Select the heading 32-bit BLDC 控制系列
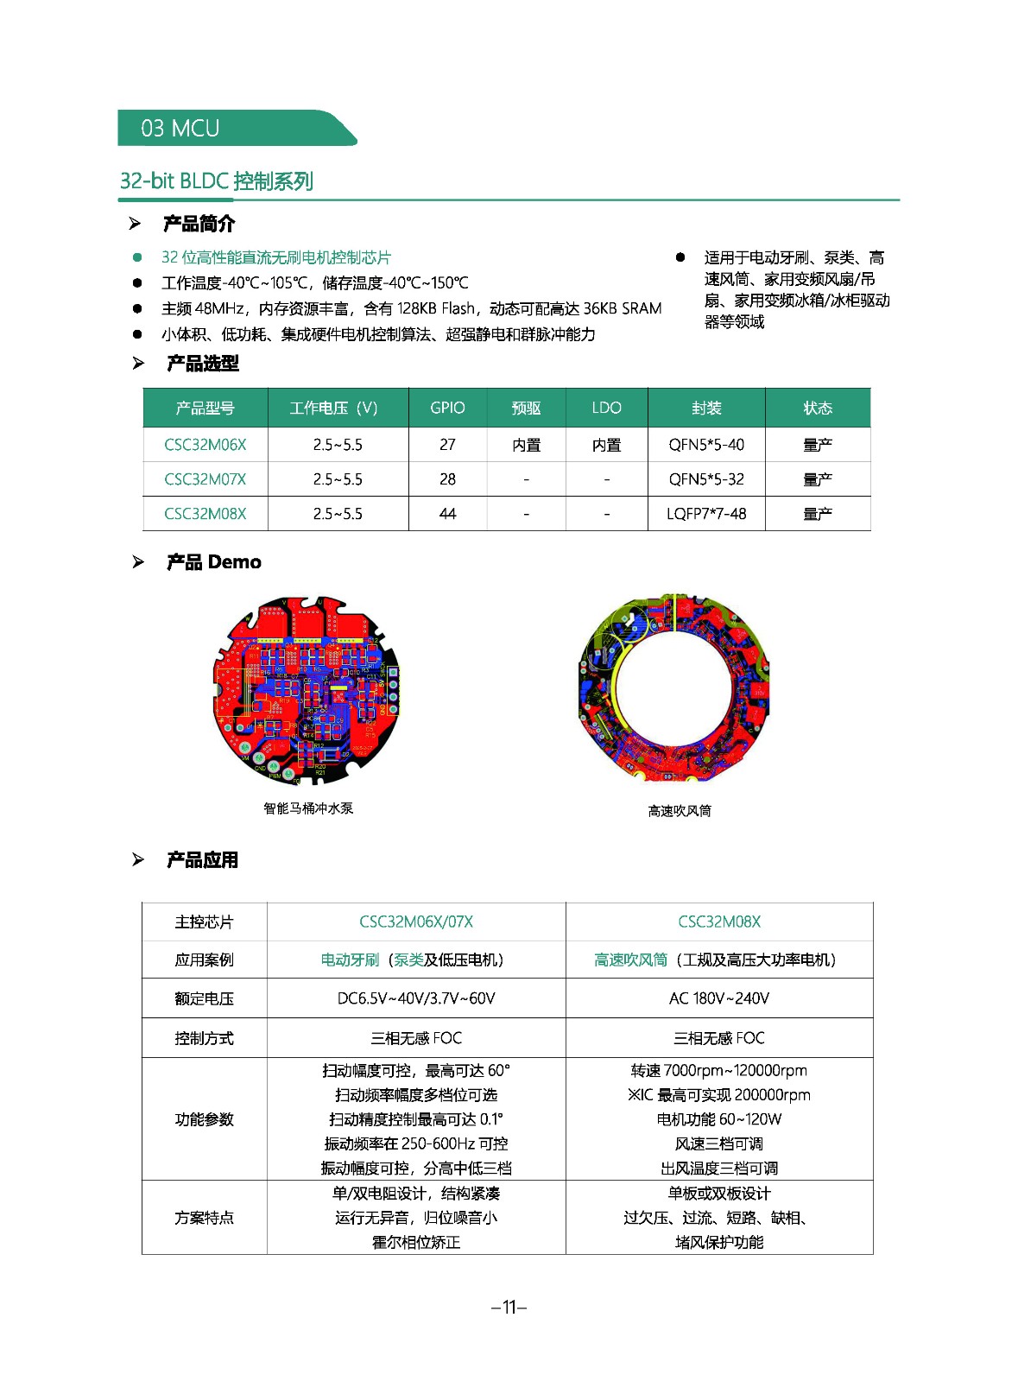click(216, 181)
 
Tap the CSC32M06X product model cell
click(205, 445)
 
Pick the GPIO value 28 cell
click(447, 479)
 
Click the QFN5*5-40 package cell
click(705, 445)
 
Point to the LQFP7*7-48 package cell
click(705, 514)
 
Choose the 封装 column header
click(705, 408)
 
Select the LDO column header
click(606, 408)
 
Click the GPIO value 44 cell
click(447, 514)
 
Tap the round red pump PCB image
click(307, 689)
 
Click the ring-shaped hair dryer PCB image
click(673, 688)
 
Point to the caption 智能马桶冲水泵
click(308, 808)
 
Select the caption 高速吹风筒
click(680, 811)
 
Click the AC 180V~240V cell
click(718, 998)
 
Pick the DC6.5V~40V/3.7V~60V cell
click(415, 998)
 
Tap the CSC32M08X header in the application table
click(718, 922)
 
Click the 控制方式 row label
click(204, 1038)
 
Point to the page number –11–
click(509, 1307)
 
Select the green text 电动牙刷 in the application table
click(350, 960)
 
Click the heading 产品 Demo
click(213, 562)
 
